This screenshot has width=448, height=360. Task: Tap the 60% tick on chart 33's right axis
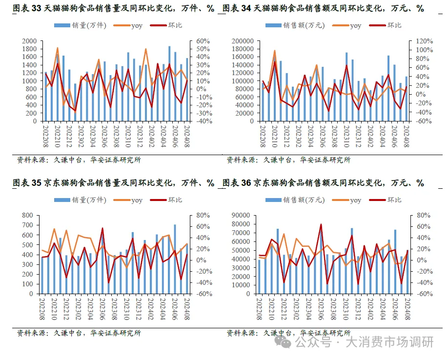203,41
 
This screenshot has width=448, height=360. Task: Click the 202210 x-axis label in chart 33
58,137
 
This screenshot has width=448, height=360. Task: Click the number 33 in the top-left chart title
37,8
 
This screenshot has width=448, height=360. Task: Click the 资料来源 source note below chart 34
243,160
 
